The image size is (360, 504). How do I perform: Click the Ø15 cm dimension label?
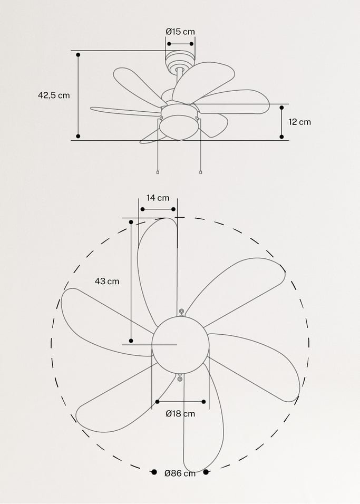point(180,32)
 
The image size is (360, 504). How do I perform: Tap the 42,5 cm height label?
point(54,95)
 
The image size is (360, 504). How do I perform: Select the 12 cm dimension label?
point(299,122)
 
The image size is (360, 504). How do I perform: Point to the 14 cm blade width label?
point(158,198)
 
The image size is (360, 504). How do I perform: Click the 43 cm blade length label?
point(107,281)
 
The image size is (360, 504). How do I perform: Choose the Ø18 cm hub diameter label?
point(180,413)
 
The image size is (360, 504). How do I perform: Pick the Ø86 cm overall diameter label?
point(180,473)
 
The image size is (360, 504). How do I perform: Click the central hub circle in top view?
point(180,345)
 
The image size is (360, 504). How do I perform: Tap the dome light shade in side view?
point(180,128)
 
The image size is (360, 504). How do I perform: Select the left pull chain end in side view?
point(158,172)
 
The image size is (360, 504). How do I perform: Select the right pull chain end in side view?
point(201,172)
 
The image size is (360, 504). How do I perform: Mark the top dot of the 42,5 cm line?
point(78,54)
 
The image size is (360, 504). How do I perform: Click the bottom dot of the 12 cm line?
point(281,137)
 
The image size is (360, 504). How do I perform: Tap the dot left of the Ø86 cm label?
point(154,472)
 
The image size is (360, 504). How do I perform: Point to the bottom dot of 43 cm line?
point(131,341)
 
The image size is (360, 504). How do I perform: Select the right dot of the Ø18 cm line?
point(204,401)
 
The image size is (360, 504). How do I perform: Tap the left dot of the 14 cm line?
point(142,209)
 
